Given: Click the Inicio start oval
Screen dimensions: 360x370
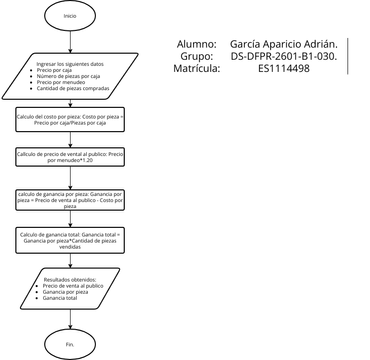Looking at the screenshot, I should (x=69, y=17).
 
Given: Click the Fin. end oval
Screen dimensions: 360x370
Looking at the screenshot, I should (x=69, y=343).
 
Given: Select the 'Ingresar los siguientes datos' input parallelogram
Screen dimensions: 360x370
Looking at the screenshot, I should (x=69, y=78).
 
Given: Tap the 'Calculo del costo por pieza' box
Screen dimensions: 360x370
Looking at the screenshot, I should (x=69, y=120).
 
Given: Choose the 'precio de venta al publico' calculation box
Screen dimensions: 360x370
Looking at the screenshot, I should (x=69, y=158).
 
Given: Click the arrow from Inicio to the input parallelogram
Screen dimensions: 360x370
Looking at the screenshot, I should (x=69, y=44).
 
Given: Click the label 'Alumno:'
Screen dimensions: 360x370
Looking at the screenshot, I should (x=196, y=45).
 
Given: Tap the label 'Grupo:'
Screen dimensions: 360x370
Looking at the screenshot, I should (x=199, y=57).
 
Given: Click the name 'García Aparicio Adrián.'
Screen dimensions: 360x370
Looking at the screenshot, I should (x=284, y=45).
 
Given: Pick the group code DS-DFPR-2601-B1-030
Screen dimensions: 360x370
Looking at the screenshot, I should (x=284, y=57).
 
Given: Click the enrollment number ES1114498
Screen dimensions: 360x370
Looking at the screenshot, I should (x=284, y=70).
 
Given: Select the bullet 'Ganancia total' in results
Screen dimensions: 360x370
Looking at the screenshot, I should (x=61, y=298).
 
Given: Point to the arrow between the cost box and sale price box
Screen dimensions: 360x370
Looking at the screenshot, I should (x=69, y=138).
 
